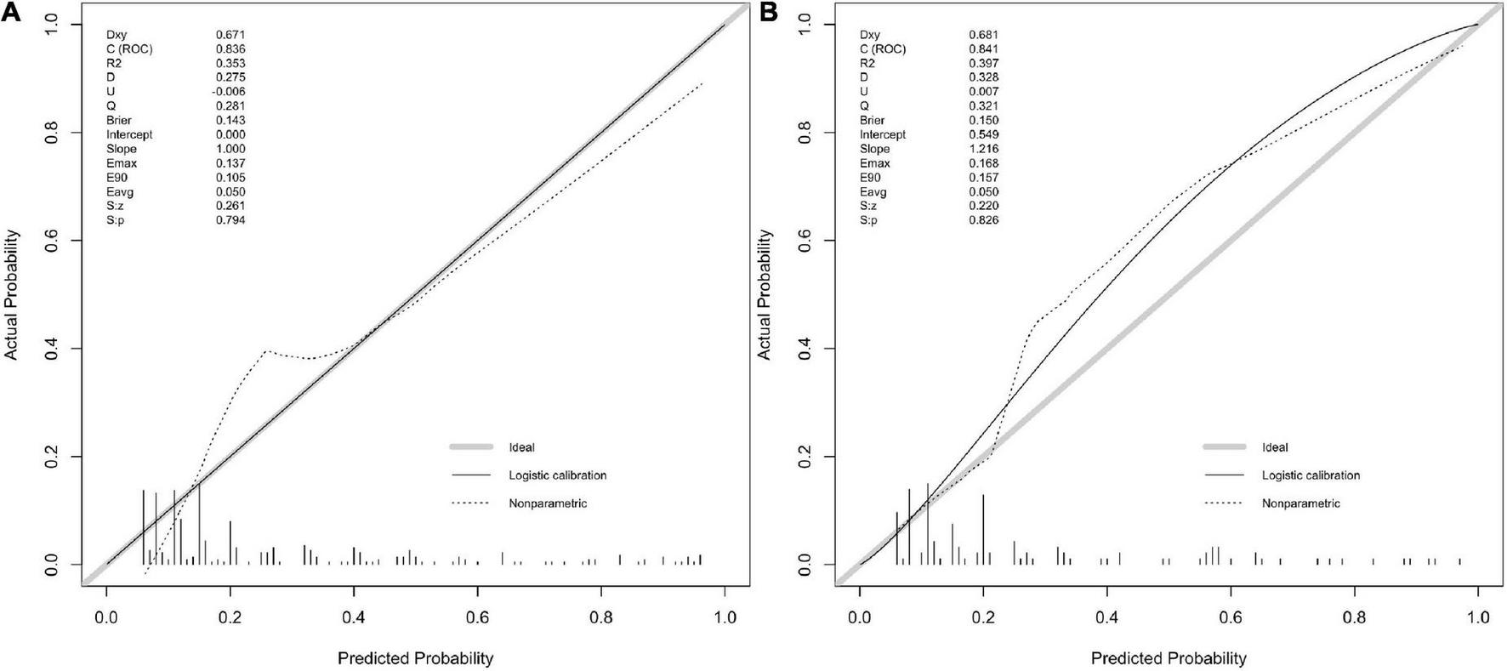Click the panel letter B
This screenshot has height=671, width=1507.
click(768, 11)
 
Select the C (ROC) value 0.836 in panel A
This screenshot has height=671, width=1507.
click(230, 49)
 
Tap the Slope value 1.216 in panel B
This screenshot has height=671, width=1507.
click(984, 149)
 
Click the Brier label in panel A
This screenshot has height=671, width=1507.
click(119, 121)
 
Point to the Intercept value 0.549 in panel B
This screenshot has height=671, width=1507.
click(984, 134)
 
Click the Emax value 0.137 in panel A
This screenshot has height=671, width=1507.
click(230, 163)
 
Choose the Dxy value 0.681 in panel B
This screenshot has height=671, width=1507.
click(984, 35)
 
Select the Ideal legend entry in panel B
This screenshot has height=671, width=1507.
click(1275, 447)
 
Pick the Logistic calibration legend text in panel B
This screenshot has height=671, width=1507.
click(1311, 475)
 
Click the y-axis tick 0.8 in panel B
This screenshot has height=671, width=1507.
click(803, 133)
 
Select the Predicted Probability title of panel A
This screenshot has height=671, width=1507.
click(415, 658)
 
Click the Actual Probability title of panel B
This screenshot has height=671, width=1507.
click(765, 294)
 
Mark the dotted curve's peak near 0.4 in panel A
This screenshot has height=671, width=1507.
click(267, 350)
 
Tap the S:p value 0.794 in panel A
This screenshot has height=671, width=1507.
click(230, 220)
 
